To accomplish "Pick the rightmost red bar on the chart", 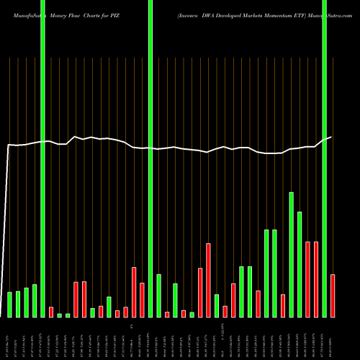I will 333,296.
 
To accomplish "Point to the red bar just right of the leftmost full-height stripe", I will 51,312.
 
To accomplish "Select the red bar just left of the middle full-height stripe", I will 142,300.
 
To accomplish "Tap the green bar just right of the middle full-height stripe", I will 158,296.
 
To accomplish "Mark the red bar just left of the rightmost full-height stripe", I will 315,279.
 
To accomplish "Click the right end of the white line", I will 332,137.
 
